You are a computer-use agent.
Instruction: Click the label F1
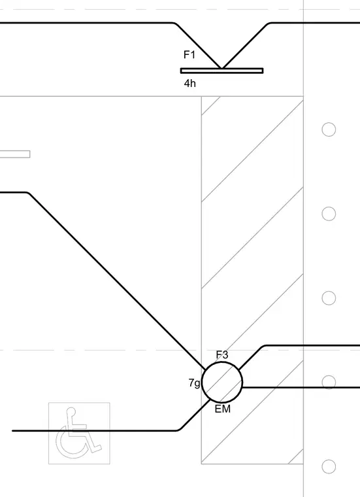click(x=189, y=55)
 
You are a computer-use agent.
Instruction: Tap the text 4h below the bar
click(x=190, y=83)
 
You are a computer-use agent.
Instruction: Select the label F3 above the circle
click(x=222, y=354)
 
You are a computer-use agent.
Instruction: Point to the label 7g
click(x=195, y=383)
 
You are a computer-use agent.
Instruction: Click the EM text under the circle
click(x=223, y=409)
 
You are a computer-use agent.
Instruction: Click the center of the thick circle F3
click(x=222, y=383)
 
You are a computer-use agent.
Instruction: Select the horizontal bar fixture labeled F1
click(x=221, y=71)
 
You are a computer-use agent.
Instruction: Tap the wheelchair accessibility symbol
click(x=79, y=434)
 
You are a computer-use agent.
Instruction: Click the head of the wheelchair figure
click(x=72, y=412)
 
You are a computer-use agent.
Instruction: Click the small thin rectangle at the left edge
click(x=15, y=154)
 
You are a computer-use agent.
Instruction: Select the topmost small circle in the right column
click(x=329, y=129)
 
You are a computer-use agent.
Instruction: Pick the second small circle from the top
click(x=329, y=214)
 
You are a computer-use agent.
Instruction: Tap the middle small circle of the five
click(x=329, y=298)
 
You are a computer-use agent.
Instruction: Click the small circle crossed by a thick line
click(x=329, y=383)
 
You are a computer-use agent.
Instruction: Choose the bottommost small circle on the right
click(x=329, y=466)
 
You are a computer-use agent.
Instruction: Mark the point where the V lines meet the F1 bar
click(x=221, y=68)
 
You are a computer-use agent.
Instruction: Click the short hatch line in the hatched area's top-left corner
click(x=211, y=105)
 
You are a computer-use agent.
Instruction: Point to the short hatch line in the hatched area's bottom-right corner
click(x=295, y=456)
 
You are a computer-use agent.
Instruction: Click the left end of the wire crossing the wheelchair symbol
click(x=12, y=431)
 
